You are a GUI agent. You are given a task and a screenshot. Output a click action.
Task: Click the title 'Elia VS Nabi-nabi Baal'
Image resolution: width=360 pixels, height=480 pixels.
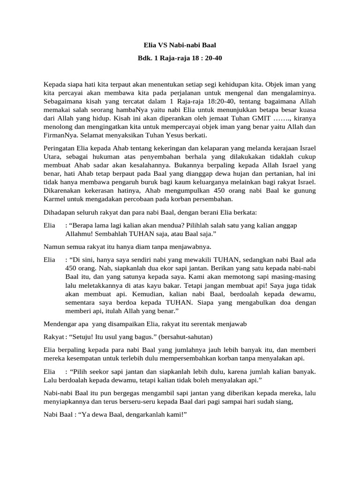[x=180, y=45]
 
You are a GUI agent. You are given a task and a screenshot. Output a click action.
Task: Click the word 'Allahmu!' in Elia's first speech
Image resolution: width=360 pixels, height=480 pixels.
[x=79, y=234]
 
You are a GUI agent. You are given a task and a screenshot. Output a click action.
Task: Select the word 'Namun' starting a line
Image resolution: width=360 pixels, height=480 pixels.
[x=53, y=247]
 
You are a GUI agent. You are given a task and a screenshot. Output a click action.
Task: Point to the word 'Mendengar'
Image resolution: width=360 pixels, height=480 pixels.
[x=59, y=324]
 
